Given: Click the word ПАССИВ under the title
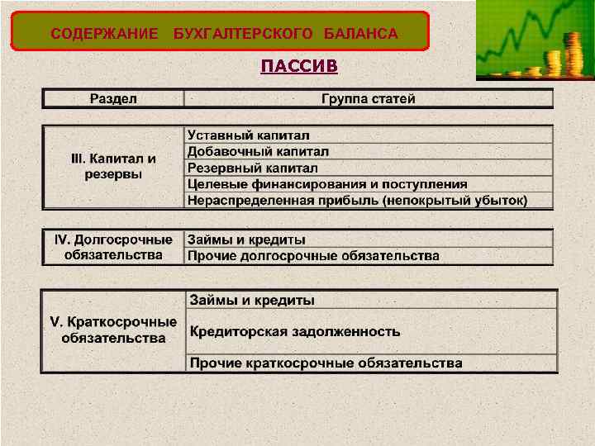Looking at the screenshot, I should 298,65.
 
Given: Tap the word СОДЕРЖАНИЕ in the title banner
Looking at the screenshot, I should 104,34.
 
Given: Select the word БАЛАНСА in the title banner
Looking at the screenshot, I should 360,34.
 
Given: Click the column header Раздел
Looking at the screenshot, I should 113,99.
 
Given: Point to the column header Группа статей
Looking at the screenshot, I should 369,99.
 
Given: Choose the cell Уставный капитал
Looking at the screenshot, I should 248,135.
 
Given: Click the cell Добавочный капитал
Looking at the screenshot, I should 258,151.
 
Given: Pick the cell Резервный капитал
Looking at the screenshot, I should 253,168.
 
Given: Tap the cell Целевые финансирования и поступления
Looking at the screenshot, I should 327,184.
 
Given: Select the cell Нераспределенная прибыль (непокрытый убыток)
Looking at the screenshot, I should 357,201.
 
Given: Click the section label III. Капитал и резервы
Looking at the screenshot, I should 113,166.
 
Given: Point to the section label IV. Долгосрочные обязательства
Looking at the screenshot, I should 113,247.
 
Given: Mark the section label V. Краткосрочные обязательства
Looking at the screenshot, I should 113,330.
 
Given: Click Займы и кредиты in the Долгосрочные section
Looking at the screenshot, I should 246,240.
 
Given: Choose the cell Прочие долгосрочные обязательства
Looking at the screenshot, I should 313,256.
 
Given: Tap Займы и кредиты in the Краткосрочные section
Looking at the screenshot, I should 252,300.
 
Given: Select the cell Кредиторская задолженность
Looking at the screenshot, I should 295,332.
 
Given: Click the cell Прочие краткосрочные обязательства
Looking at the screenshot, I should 326,363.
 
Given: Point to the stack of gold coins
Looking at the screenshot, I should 571,54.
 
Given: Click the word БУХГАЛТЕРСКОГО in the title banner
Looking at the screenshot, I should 244,34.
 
